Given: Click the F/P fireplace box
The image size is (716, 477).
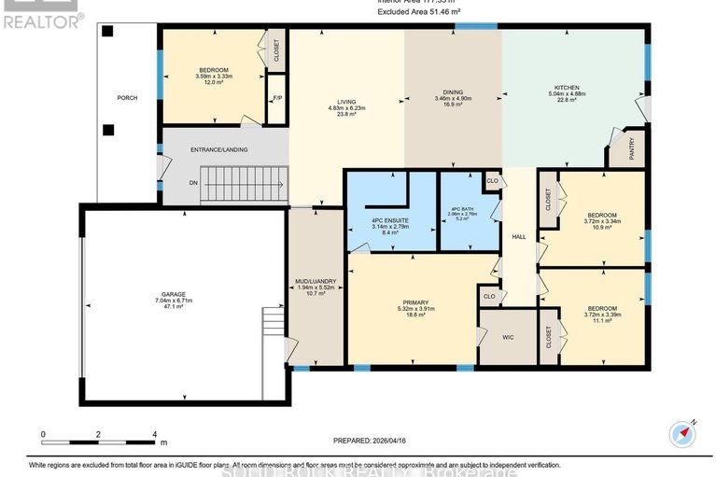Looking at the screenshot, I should tap(277, 99).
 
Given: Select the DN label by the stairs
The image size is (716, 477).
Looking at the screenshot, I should tap(193, 183).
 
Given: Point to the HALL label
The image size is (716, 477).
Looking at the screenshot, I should tap(519, 237).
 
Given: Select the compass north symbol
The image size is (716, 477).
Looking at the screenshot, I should tap(681, 434).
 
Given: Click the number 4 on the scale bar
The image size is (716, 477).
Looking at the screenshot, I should tap(154, 435).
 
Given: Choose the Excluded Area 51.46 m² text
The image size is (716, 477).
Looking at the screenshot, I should tap(420, 11).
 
